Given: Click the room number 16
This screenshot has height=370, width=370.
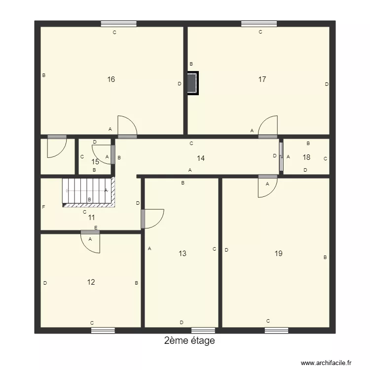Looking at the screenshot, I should pos(111,79).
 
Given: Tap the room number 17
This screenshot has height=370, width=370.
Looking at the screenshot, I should pos(262,79).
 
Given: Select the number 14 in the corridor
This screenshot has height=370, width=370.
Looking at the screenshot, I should pos(201,158).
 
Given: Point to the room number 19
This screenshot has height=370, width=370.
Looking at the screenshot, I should pos(278,253).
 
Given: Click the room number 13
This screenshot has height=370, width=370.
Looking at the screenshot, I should pos(183,254).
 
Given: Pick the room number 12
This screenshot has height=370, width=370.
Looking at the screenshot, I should pos(91,282).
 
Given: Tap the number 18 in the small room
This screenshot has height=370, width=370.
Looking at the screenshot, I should pos(306,157).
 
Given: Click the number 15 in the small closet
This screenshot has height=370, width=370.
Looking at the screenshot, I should pos(95,161).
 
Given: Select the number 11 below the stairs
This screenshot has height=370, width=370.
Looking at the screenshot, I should pos(91,217).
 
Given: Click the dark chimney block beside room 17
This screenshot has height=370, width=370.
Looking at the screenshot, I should pos(192,83).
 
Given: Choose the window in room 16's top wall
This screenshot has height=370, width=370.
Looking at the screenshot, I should pos(119,23).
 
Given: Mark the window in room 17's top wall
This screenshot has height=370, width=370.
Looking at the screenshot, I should pos(259,23).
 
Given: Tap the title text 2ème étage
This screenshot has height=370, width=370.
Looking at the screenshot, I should pos(189,341).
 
